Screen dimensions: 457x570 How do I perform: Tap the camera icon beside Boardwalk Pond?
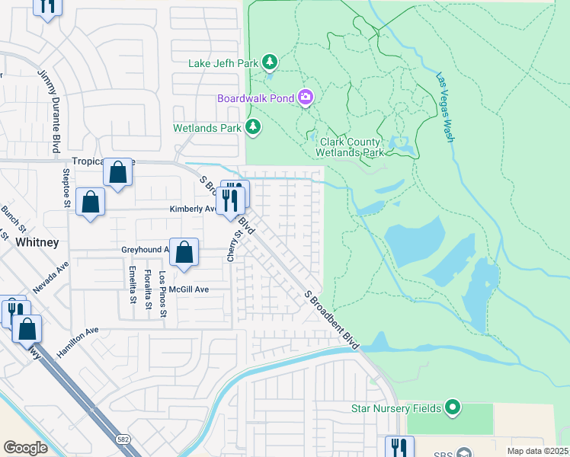pyautogui.click(x=306, y=97)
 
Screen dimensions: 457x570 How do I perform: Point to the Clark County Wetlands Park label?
pyautogui.click(x=351, y=147)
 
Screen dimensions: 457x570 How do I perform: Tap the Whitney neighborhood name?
pyautogui.click(x=37, y=242)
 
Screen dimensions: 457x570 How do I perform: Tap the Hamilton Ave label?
pyautogui.click(x=78, y=343)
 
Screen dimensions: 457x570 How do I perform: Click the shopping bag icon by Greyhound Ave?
pyautogui.click(x=184, y=252)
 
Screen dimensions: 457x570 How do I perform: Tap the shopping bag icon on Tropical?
pyautogui.click(x=117, y=172)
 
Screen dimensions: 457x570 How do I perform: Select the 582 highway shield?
pyautogui.click(x=123, y=439)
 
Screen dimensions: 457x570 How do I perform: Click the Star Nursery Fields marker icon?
pyautogui.click(x=453, y=408)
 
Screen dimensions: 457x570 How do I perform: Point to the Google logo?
pyautogui.click(x=26, y=447)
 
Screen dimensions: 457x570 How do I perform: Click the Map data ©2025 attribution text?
pyautogui.click(x=537, y=451)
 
